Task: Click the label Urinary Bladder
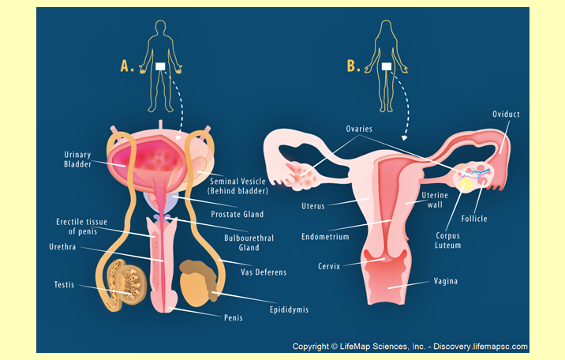pos(78,159)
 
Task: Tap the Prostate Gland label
pos(237,214)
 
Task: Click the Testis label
pos(64,285)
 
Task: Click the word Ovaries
pos(359,129)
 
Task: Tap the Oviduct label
pos(506,114)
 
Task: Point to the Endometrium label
pos(325,236)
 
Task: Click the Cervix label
pos(329,266)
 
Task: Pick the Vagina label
pos(447,281)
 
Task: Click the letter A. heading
pos(127,66)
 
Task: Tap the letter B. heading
pos(354,66)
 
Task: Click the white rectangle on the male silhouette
pos(161,67)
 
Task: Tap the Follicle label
pos(474,218)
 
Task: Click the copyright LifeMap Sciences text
pos(410,347)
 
